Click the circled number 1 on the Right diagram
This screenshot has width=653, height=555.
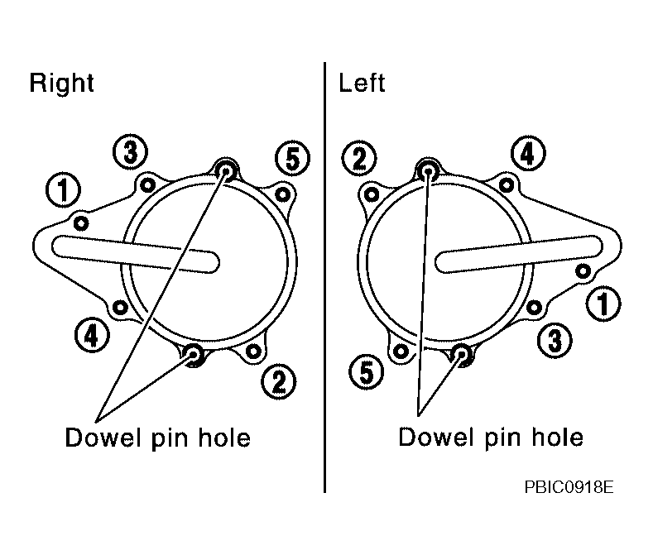click(63, 190)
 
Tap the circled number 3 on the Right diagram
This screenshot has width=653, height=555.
click(130, 151)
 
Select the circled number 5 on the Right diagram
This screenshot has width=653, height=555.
click(292, 159)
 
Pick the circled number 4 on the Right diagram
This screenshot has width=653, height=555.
click(92, 335)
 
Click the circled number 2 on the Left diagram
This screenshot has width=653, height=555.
click(359, 158)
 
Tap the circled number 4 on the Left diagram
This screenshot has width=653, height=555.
click(528, 153)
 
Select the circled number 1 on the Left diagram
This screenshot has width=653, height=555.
click(603, 303)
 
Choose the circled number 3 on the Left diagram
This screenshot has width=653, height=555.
click(555, 340)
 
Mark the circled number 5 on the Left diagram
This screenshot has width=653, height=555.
click(366, 371)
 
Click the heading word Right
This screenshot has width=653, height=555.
click(61, 84)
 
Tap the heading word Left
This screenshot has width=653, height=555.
click(362, 83)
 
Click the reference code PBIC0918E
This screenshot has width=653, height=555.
click(569, 486)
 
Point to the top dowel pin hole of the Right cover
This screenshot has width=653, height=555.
click(226, 170)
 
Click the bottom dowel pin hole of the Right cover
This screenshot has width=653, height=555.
click(194, 354)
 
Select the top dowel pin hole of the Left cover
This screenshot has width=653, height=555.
click(428, 170)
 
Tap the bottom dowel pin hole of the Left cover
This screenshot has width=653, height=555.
click(462, 354)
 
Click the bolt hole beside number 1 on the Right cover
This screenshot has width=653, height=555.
click(81, 223)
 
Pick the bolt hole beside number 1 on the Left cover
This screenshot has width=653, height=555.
click(583, 271)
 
